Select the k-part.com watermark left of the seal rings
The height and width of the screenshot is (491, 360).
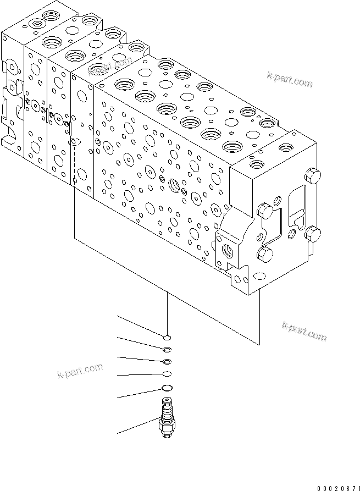click(x=80, y=372)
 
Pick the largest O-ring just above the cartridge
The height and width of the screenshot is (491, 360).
click(x=168, y=388)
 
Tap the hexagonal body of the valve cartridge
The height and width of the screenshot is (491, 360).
click(x=165, y=426)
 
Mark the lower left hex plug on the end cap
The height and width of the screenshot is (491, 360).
click(x=265, y=254)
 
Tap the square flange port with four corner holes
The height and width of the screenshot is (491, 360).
click(x=227, y=251)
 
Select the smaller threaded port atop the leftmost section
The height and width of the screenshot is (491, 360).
click(x=39, y=24)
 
